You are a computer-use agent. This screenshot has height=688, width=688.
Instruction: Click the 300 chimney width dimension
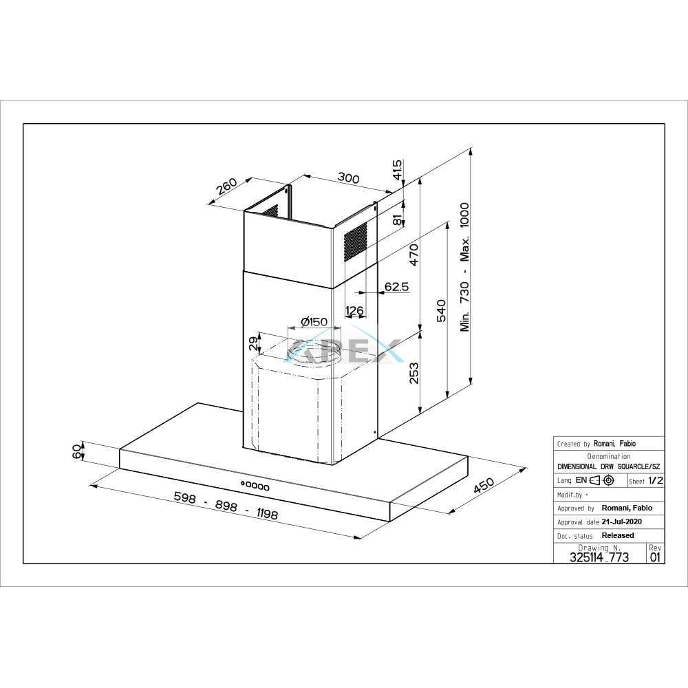(348, 178)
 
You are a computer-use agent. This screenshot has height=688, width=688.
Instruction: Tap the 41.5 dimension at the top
(397, 170)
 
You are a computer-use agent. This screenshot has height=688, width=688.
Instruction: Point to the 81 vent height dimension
(398, 220)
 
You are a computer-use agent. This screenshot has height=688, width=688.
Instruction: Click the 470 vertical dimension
(413, 255)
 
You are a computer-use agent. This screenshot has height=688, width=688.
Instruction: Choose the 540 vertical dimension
(441, 310)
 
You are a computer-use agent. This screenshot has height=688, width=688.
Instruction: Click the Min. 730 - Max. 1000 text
(464, 267)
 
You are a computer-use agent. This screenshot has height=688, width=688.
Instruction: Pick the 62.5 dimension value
(397, 286)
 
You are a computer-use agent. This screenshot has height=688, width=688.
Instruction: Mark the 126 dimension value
(354, 311)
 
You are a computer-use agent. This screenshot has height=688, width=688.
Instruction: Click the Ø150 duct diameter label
(314, 322)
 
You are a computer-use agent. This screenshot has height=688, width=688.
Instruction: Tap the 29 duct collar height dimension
(254, 343)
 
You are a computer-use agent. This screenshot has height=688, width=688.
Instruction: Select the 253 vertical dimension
(413, 373)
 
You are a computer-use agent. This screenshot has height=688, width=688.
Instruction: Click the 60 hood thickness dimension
(77, 451)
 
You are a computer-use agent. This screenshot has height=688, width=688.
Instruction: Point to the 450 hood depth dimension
(484, 486)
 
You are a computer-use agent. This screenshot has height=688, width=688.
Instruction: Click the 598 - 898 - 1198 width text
(226, 506)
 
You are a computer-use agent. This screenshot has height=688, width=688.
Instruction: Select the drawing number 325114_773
(599, 557)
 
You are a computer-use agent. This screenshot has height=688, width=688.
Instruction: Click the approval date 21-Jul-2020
(622, 522)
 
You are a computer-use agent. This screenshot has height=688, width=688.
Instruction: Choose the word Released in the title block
(618, 535)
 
